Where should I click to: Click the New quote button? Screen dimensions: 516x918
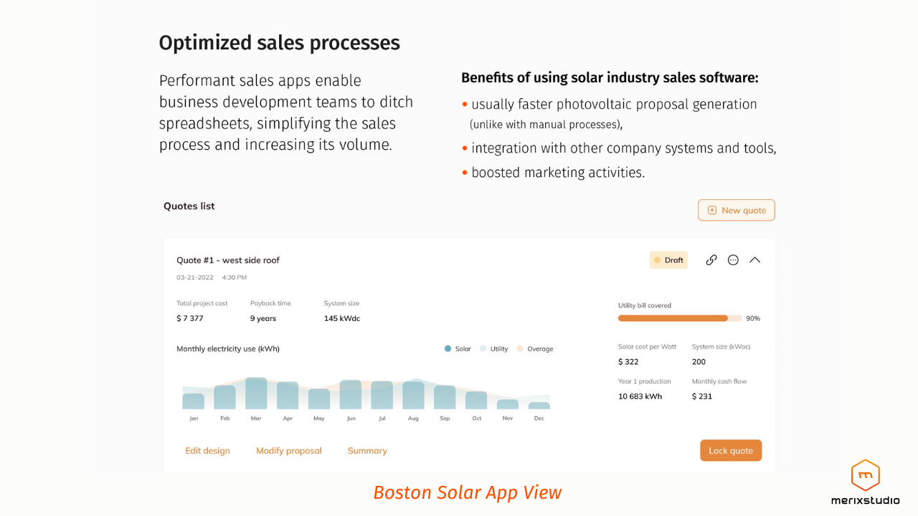click(x=736, y=210)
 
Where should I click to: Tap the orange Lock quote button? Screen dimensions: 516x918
click(x=730, y=450)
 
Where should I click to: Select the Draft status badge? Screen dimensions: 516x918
click(x=668, y=260)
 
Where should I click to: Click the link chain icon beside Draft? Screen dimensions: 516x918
click(x=711, y=260)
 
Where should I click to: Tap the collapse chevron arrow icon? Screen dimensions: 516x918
click(x=754, y=260)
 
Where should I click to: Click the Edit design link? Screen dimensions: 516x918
click(x=207, y=451)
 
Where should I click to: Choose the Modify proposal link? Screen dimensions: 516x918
click(x=288, y=451)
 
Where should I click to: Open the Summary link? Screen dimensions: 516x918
click(x=367, y=451)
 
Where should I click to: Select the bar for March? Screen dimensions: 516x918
click(x=256, y=393)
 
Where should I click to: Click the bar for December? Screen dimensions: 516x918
click(x=539, y=406)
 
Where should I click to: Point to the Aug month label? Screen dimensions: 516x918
click(x=413, y=419)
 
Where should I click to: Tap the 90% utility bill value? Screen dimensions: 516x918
click(x=752, y=318)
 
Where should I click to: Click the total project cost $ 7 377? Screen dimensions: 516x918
click(x=190, y=318)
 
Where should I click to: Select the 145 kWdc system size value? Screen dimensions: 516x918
click(x=341, y=318)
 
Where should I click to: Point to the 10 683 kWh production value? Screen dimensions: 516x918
click(x=640, y=396)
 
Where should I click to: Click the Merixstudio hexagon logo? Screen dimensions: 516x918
click(x=865, y=475)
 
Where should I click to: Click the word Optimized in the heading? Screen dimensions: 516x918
click(x=204, y=43)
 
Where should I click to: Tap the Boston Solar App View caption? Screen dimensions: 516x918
click(x=467, y=492)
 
